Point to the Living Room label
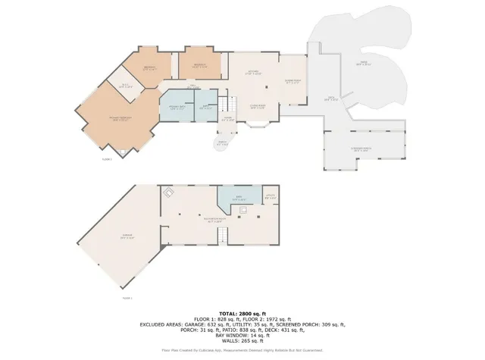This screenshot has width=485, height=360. tap(257, 107)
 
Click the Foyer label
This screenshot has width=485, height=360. tap(227, 118)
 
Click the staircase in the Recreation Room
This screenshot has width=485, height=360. tap(222, 237)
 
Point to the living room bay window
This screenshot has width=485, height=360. tap(257, 129)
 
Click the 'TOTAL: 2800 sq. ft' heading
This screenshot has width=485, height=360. tap(242, 313)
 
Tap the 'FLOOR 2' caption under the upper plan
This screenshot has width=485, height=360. tap(106, 159)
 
